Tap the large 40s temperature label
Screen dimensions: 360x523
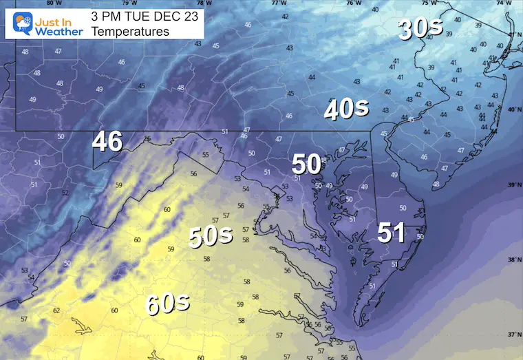coord(346,110)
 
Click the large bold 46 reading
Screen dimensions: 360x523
coord(107,142)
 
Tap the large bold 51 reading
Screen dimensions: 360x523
coord(390,233)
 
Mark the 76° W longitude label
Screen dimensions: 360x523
coord(353,3)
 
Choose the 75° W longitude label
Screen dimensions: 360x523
coord(428,3)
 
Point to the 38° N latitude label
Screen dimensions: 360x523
coord(513,260)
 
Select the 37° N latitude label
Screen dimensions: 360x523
coord(513,335)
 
